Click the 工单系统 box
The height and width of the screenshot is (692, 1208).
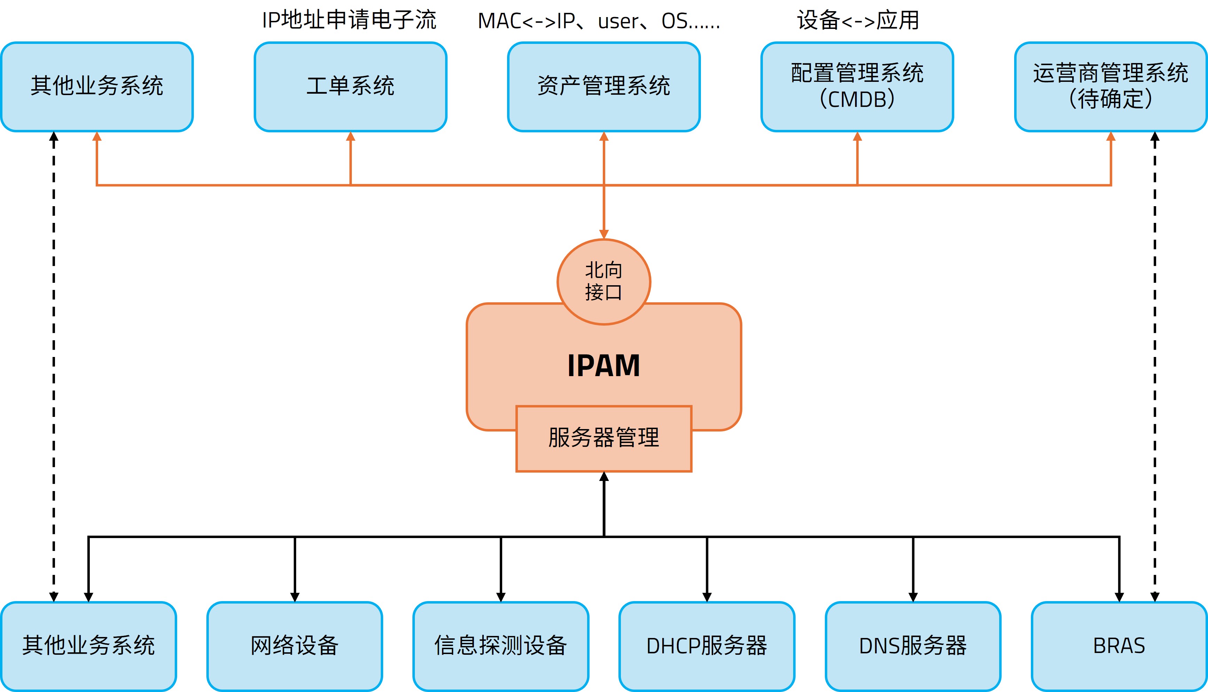coord(350,86)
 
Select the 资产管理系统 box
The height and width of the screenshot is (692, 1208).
coord(603,86)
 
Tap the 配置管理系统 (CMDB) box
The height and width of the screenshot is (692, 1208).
coord(857,86)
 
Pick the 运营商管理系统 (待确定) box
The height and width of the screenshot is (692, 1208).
coord(1111,86)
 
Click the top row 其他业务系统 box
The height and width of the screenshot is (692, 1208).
coord(97,86)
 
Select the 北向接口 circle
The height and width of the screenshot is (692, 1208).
coord(603,281)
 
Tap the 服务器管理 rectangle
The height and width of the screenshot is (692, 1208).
coord(603,438)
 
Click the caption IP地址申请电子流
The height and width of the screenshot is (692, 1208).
coord(349,20)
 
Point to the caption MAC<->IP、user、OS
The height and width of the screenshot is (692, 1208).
coord(599,21)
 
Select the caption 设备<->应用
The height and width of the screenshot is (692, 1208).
coord(858,20)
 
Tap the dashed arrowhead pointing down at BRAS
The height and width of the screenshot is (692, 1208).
coord(1155,597)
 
